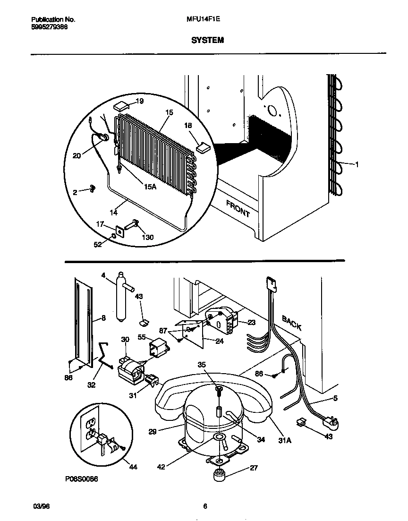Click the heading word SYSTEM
point(207,41)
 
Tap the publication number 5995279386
point(49,27)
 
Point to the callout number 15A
point(150,187)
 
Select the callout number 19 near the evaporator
point(140,101)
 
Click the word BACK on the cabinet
point(291,323)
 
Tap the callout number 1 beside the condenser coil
point(357,164)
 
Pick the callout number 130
point(147,238)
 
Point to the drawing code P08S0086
point(81,478)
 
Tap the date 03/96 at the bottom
point(42,506)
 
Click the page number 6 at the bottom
point(205,506)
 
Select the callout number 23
point(251,322)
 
